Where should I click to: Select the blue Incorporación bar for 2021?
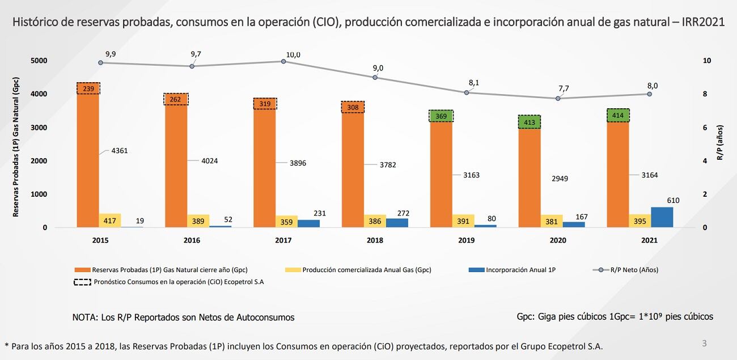click(x=662, y=217)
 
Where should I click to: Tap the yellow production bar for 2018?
click(x=375, y=221)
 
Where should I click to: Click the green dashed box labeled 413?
click(x=529, y=122)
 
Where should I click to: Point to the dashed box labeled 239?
click(x=88, y=88)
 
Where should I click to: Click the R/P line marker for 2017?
click(x=283, y=61)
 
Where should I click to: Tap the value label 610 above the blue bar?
click(x=673, y=200)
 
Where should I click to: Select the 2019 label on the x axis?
click(x=467, y=240)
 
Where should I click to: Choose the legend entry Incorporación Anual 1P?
click(x=520, y=270)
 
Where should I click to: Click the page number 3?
click(x=704, y=343)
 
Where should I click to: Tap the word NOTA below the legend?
click(x=84, y=317)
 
